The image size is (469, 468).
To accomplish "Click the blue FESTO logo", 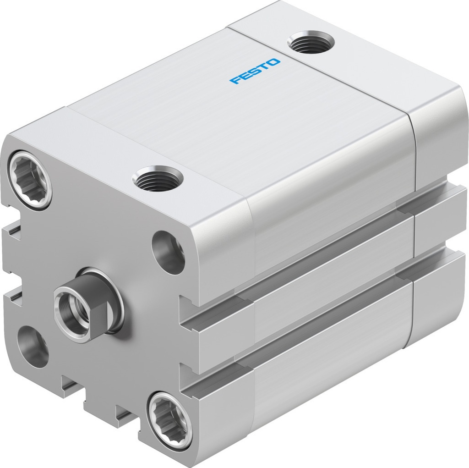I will click(x=256, y=71).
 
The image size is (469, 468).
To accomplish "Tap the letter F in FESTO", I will click(x=235, y=81).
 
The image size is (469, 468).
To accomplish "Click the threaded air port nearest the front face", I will click(x=157, y=178).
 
